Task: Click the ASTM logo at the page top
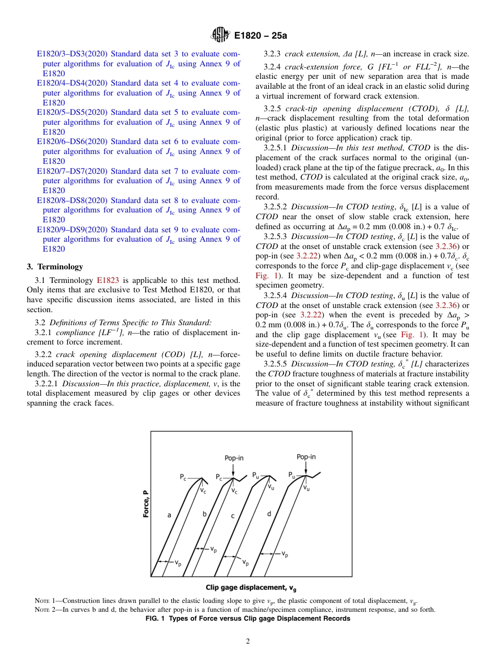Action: point(219,35)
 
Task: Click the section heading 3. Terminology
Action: point(55,267)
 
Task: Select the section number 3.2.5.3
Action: point(276,236)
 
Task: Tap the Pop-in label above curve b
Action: point(234,458)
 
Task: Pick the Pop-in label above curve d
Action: point(306,457)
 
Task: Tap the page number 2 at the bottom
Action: point(248,642)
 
